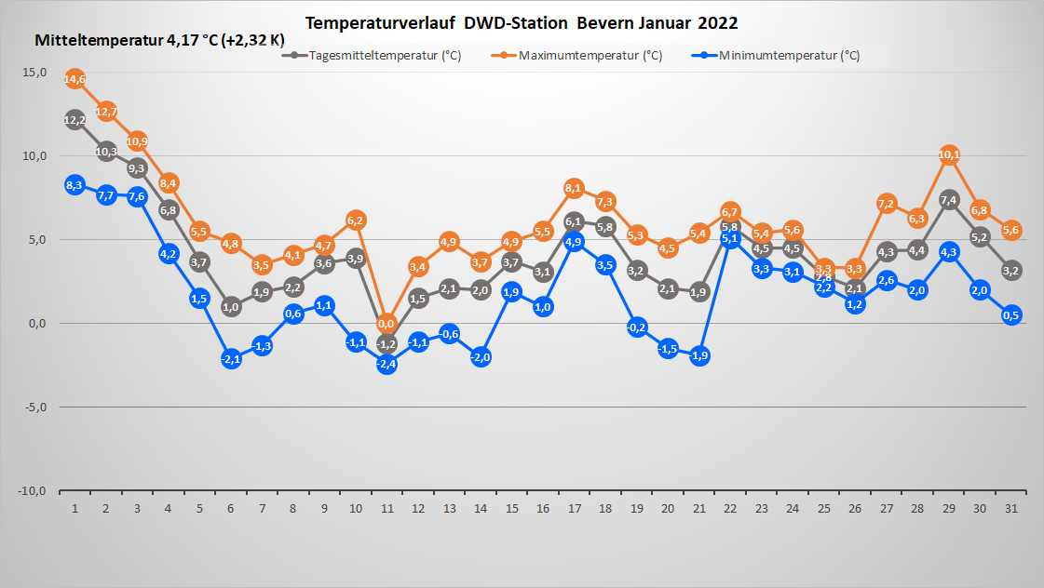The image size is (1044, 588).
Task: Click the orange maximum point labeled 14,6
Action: coord(75,79)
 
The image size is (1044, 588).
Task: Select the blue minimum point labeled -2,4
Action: coord(386,364)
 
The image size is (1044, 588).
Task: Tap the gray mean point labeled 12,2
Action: coord(75,119)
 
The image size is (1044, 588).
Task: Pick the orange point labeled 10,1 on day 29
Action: coord(949,154)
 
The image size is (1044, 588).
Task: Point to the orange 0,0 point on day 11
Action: coord(386,324)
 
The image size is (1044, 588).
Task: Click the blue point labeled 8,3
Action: coord(75,185)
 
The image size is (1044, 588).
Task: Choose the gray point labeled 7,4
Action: coord(949,199)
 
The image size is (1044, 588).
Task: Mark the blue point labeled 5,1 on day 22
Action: coord(730,238)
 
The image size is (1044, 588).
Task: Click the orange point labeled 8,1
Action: coord(574,188)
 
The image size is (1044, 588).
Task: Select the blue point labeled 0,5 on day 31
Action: coord(1011,314)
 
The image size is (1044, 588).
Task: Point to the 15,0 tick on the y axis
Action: coord(34,72)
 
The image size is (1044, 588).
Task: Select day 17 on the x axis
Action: coord(574,509)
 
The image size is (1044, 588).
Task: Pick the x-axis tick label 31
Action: coord(1011,509)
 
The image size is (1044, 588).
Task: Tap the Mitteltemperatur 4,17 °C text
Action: coord(127,41)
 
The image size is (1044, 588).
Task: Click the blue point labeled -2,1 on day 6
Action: coord(231,359)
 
